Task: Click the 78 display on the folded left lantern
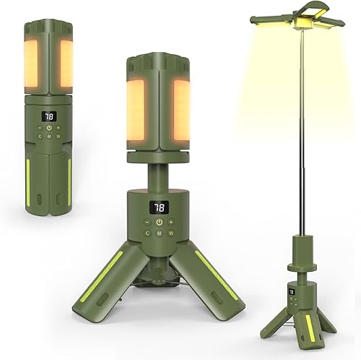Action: tap(48, 116)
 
